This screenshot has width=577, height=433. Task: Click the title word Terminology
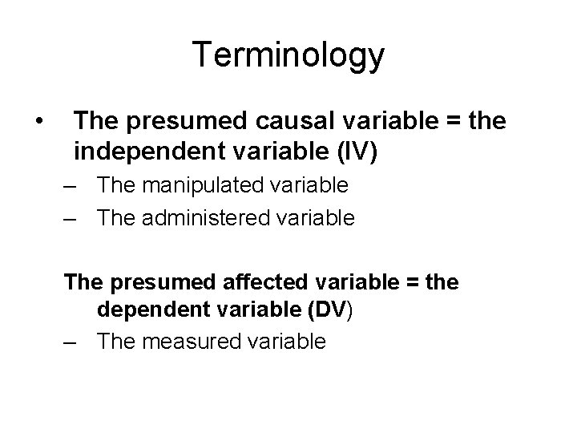(288, 56)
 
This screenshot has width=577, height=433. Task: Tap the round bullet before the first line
(38, 121)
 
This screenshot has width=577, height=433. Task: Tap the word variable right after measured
(287, 342)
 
